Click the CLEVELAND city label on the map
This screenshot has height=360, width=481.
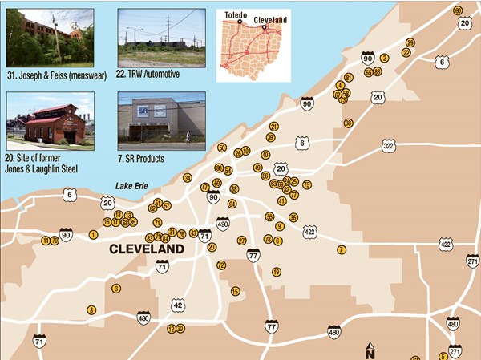coord(146,249)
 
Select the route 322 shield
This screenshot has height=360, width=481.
coord(389,146)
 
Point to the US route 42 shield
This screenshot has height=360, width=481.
coord(177,305)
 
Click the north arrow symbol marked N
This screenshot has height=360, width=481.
coord(370,351)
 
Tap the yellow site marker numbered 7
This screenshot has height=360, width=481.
coord(341,249)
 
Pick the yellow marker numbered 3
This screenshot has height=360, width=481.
coord(116,288)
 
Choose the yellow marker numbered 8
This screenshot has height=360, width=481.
coord(91,310)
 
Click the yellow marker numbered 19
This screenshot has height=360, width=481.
coord(277,272)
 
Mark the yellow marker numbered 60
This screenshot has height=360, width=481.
coord(458,10)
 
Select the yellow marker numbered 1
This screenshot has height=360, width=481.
coord(94,234)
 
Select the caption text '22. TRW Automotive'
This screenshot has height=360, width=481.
coord(148,74)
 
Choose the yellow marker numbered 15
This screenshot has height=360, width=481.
coord(235,291)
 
